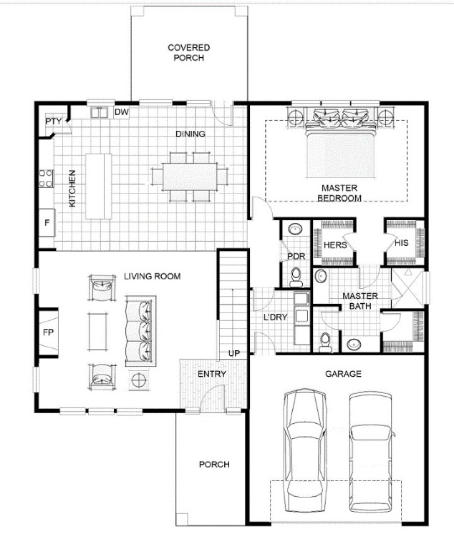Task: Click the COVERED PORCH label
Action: point(189,52)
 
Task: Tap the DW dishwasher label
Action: point(122,112)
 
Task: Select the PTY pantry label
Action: point(53,122)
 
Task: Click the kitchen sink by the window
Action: point(99,113)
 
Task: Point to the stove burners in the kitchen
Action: point(46,178)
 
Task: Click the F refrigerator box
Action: point(47,223)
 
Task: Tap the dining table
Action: point(190,177)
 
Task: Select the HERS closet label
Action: point(335,245)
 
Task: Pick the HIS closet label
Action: point(402,242)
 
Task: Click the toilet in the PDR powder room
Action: point(296,277)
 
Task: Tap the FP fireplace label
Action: point(48,332)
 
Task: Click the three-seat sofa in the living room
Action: point(140,331)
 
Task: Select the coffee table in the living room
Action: point(97,332)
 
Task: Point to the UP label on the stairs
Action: point(234,354)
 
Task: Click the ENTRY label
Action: point(211,374)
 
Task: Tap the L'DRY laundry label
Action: point(276,317)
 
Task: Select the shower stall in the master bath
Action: point(407,288)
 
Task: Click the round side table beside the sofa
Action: point(140,379)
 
